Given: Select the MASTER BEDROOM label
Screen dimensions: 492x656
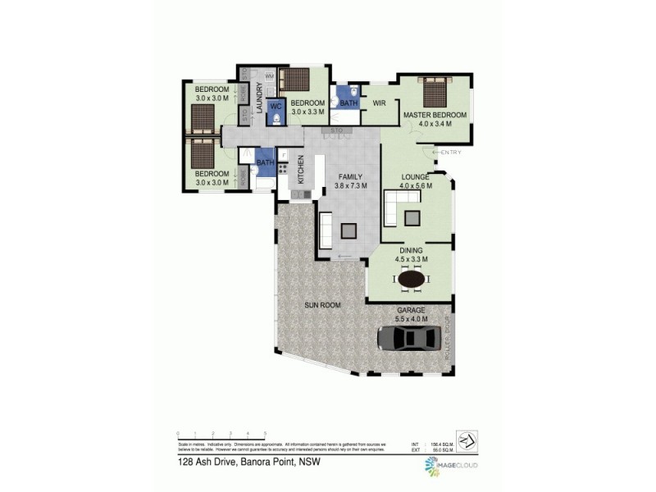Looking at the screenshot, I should [x=435, y=116].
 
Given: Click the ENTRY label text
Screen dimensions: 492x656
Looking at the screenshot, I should [x=451, y=153].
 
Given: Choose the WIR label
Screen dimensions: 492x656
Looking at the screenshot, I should [x=379, y=103].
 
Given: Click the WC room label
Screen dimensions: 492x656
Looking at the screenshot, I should [x=276, y=106].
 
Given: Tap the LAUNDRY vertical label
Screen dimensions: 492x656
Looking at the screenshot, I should [x=258, y=98].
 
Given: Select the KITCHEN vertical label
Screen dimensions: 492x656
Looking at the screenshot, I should [x=301, y=169].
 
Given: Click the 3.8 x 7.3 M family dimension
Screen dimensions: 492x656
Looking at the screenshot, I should [x=350, y=185].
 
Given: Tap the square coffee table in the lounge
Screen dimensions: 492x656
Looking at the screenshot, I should [x=412, y=217].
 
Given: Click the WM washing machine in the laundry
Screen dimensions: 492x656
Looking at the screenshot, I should [x=270, y=76].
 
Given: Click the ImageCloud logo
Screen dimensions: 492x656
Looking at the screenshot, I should [x=452, y=466].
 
